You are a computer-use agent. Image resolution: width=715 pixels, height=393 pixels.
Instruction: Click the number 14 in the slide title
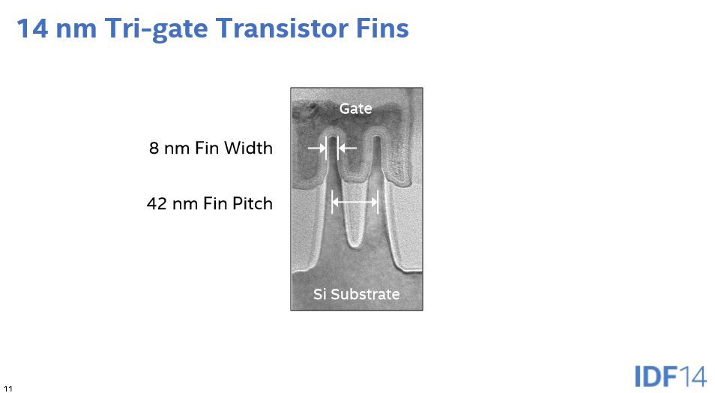coord(32,28)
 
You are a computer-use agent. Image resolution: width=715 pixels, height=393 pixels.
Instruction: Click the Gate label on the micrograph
coord(356,109)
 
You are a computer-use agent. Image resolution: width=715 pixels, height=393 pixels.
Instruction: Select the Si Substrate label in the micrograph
coord(356,294)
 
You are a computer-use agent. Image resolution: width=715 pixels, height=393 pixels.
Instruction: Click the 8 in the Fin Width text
coord(154,148)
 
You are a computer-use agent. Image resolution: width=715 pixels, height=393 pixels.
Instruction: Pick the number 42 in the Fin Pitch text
coord(157,203)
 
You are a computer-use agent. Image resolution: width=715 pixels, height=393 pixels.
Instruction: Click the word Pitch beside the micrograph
coord(253,203)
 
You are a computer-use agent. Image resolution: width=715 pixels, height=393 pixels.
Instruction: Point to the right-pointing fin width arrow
coord(317,148)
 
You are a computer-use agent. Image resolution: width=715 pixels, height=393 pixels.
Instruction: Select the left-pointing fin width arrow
coord(347,148)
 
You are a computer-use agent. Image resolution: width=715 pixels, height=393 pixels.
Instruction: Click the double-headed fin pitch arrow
coord(355,201)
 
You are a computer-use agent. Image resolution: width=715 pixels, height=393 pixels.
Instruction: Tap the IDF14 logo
coord(670,376)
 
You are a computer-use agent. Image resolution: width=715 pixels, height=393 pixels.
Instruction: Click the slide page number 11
coord(7,389)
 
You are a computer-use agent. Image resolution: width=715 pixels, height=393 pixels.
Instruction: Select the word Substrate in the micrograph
coord(365,294)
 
